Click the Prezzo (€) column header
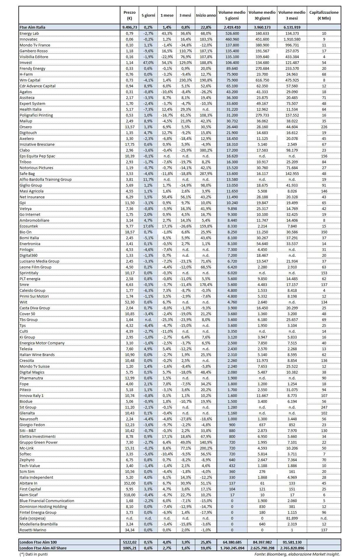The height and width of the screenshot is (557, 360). tap(129, 15)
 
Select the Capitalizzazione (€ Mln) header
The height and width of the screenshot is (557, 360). tap(324, 15)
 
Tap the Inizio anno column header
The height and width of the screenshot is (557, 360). tap(206, 15)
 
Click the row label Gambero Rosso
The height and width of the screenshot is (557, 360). tap(33, 51)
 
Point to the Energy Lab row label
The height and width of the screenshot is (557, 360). tap(29, 33)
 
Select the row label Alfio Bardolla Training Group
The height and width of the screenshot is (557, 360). tap(45, 179)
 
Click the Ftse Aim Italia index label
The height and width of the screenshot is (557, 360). tap(32, 27)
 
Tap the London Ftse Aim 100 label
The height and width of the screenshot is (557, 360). tap(38, 542)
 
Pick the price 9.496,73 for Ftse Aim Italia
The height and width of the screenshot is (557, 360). tap(129, 27)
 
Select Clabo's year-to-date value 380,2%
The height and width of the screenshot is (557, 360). tap(206, 150)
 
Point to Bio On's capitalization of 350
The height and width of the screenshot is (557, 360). tap(324, 232)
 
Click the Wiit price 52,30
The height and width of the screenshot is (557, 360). tap(129, 302)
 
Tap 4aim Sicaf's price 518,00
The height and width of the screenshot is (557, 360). tap(129, 495)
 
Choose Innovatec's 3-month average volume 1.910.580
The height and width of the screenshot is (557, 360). tap(292, 39)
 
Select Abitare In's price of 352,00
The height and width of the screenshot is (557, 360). tap(129, 483)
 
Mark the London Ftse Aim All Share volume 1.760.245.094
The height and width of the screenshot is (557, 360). tap(232, 548)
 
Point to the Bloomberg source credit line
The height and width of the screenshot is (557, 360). tap(297, 554)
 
